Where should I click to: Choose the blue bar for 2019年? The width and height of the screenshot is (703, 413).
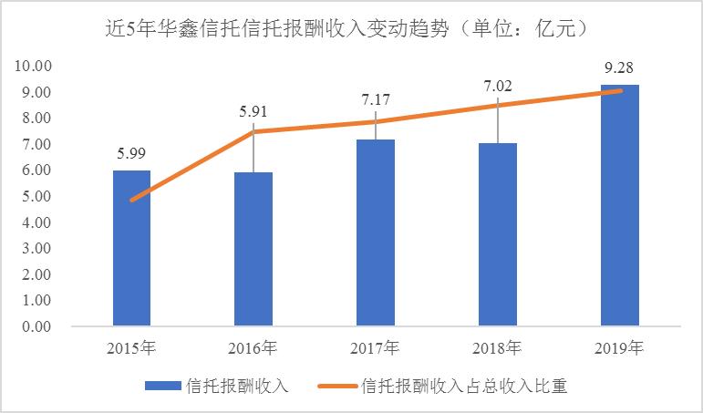tap(619, 205)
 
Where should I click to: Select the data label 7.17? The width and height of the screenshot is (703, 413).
tap(375, 98)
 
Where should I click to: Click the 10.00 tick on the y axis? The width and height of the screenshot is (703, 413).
tap(33, 67)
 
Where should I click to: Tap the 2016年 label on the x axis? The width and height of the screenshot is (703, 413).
tap(253, 348)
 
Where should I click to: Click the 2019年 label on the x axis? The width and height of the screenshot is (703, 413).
tap(619, 348)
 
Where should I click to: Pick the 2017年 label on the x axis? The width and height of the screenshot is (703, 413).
tap(375, 348)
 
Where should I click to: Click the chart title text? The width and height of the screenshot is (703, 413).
tap(351, 27)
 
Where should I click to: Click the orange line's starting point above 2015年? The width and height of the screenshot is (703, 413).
tap(131, 200)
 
